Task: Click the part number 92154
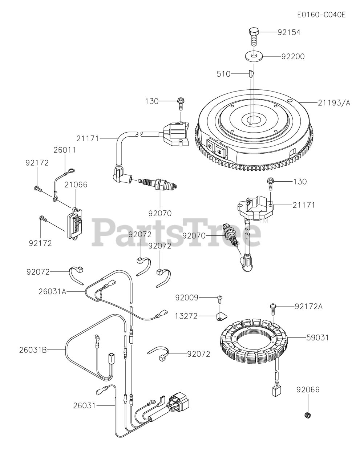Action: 289,32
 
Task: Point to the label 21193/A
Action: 334,103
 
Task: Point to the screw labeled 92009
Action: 219,299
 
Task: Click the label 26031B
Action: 33,350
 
